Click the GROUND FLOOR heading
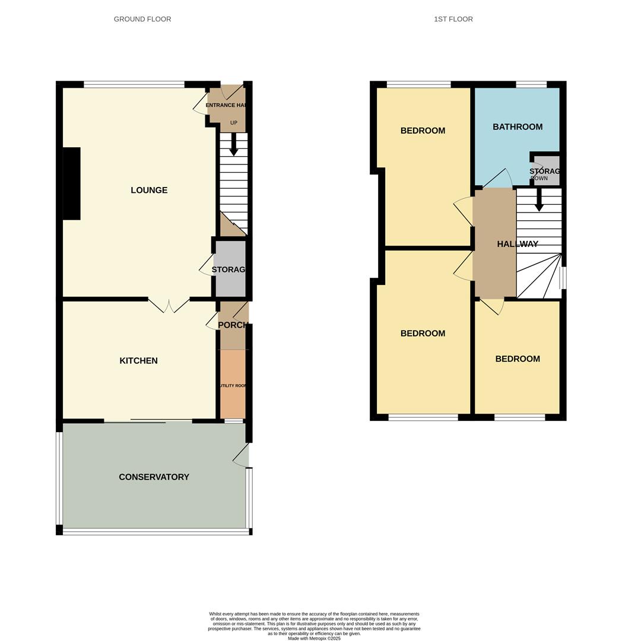point(142,19)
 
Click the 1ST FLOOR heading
point(453,19)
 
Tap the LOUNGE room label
point(149,190)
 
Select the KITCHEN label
point(138,360)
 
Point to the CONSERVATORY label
point(154,477)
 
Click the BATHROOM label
point(517,126)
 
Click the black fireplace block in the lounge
point(71,183)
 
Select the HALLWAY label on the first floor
point(517,244)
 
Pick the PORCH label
point(232,325)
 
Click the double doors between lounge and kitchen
point(169,305)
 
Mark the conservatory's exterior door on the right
point(241,455)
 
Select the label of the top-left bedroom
point(423,131)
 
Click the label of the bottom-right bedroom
point(517,358)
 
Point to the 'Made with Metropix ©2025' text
point(314,638)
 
